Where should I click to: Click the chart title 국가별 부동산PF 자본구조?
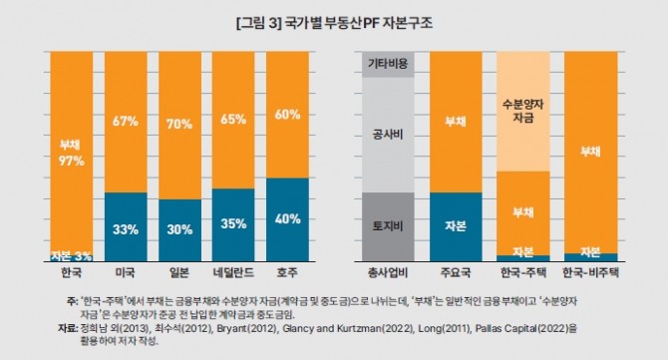pyautogui.click(x=357, y=23)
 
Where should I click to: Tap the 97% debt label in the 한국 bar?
pyautogui.click(x=72, y=161)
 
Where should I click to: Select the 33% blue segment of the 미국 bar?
pyautogui.click(x=126, y=227)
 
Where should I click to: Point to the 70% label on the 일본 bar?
pyautogui.click(x=179, y=124)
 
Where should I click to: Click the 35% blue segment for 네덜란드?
pyautogui.click(x=233, y=225)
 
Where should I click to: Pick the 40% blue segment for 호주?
pyautogui.click(x=287, y=219)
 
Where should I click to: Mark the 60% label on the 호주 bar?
pyautogui.click(x=287, y=115)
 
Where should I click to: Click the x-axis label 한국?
pyautogui.click(x=72, y=272)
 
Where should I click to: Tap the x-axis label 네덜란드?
pyautogui.click(x=233, y=272)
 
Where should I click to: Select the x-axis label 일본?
pyautogui.click(x=179, y=272)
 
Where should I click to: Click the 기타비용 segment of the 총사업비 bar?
pyautogui.click(x=388, y=65)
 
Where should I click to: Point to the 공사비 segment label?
pyautogui.click(x=388, y=135)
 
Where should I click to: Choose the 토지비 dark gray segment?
pyautogui.click(x=388, y=227)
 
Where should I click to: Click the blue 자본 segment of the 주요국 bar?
pyautogui.click(x=456, y=227)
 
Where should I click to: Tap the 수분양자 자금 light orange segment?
pyautogui.click(x=523, y=112)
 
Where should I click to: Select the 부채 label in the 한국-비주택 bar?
pyautogui.click(x=591, y=152)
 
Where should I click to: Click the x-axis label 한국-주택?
pyautogui.click(x=523, y=272)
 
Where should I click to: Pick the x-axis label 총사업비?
pyautogui.click(x=388, y=272)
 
